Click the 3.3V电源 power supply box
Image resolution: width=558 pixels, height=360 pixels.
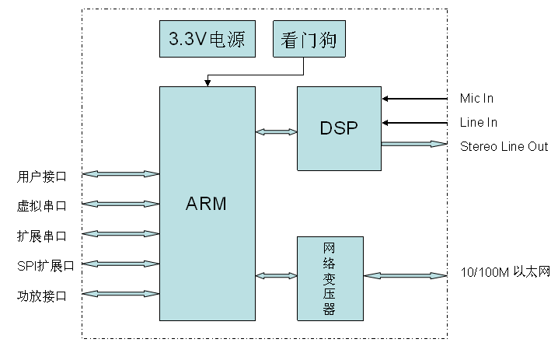tap(206, 39)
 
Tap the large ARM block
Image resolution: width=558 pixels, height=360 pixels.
tap(207, 204)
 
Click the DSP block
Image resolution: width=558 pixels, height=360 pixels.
tap(339, 128)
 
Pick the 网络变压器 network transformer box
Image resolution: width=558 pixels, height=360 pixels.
tap(330, 278)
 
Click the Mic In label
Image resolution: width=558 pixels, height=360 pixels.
tap(476, 99)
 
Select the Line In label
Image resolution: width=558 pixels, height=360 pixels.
tap(478, 123)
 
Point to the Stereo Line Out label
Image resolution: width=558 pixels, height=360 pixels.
tap(504, 146)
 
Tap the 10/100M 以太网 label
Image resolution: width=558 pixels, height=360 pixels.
tap(504, 274)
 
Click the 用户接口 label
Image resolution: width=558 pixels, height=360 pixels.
tap(42, 176)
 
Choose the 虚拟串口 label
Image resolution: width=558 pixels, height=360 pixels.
tap(42, 206)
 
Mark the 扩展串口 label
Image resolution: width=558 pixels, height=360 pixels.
tap(42, 236)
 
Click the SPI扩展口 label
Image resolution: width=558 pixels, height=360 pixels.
tap(45, 265)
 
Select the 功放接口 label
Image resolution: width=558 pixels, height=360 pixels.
tap(42, 295)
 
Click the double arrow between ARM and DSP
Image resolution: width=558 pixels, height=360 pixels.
tap(276, 132)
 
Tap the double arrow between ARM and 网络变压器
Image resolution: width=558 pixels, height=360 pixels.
tap(276, 275)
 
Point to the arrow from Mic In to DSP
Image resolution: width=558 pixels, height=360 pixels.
tap(415, 99)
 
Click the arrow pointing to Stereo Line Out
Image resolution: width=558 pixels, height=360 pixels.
tap(414, 144)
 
